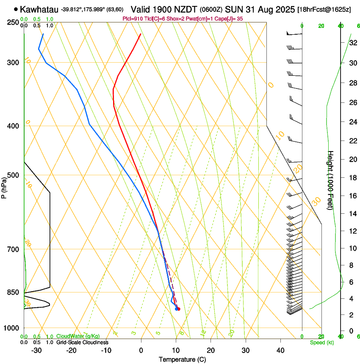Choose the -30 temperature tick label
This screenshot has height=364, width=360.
pos(36,350)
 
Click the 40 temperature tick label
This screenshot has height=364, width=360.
pos(280,350)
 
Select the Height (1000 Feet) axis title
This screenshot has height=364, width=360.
pos(331,180)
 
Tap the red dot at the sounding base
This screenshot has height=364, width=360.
pos(179,309)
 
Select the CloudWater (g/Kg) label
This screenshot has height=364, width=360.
pos(78,336)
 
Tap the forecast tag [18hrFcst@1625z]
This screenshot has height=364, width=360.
pos(324,9)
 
